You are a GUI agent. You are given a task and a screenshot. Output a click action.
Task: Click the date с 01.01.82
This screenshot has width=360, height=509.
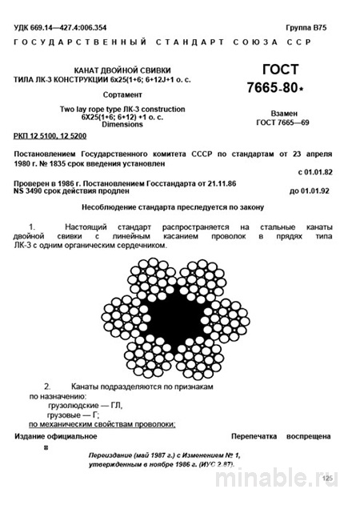coord(318,171)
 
